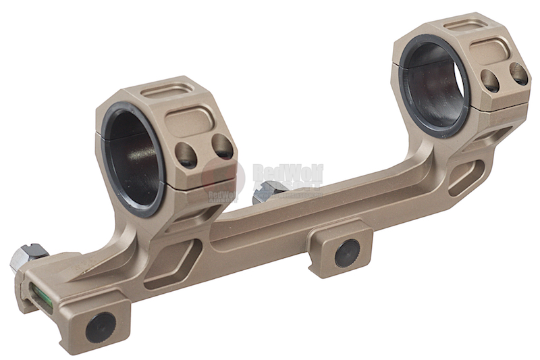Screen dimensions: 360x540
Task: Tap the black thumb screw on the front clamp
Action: coord(101,328)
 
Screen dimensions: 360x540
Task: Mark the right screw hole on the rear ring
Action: coord(518,73)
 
